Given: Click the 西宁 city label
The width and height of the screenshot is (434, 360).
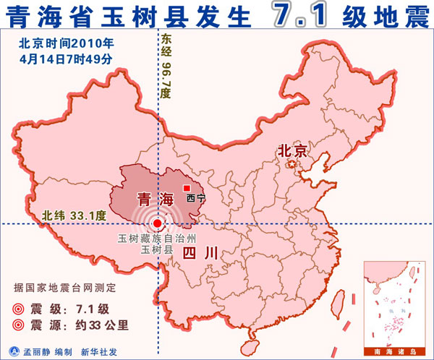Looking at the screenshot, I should pyautogui.click(x=196, y=198).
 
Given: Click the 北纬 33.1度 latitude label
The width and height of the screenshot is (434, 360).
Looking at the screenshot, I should pyautogui.click(x=74, y=215).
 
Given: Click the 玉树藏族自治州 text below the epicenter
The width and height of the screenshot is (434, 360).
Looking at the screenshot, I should pyautogui.click(x=157, y=239).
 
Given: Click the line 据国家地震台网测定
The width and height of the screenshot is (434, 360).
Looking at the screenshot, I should pyautogui.click(x=64, y=288).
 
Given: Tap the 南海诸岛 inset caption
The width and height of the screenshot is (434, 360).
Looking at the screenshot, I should pyautogui.click(x=396, y=351).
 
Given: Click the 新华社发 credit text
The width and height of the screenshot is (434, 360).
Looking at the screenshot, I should pyautogui.click(x=97, y=351).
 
